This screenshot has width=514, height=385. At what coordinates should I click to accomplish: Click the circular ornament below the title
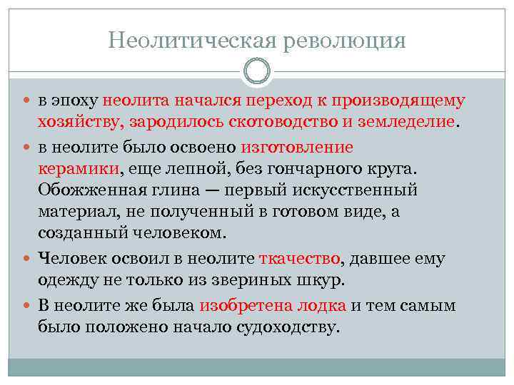point(257,71)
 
